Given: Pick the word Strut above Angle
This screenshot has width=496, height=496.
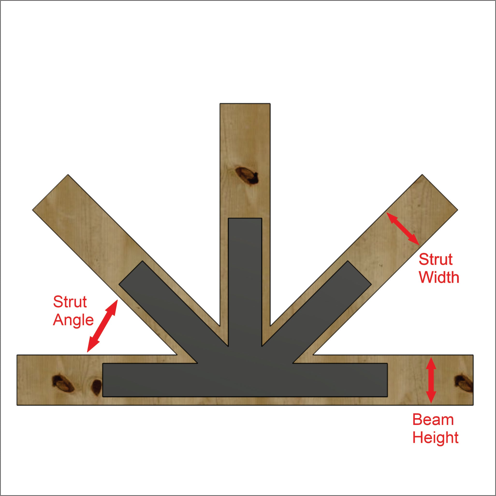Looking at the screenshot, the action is coord(70,302).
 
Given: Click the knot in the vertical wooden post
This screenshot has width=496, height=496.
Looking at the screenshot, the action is coord(247,175).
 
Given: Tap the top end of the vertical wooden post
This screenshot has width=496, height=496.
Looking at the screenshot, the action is coord(245,104).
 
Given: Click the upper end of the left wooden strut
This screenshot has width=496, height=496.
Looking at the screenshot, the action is coord(50,192).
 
